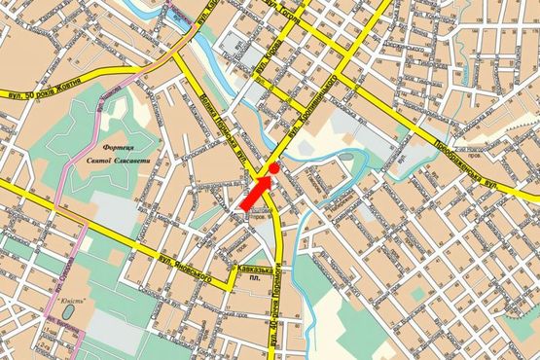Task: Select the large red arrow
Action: click(257, 190)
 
